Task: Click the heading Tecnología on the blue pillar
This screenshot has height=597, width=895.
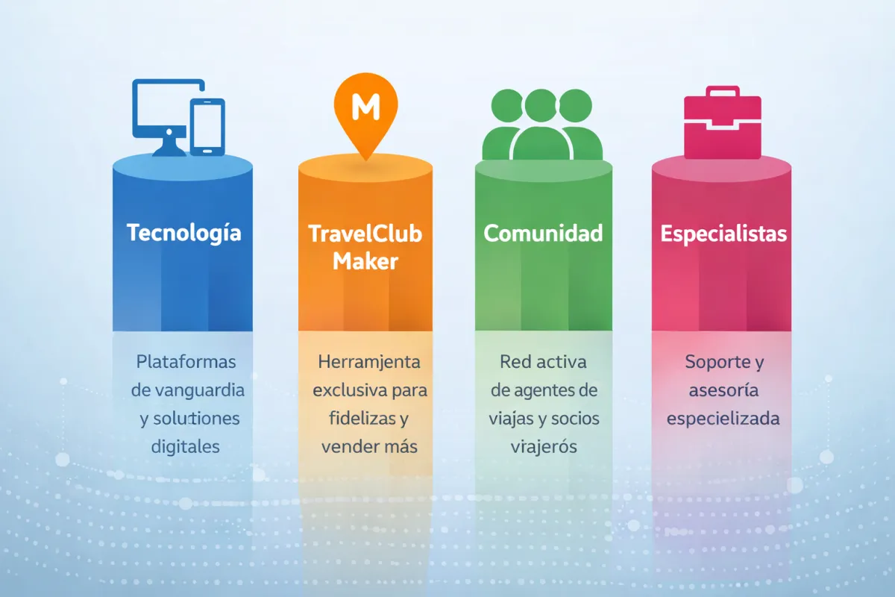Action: click(x=183, y=232)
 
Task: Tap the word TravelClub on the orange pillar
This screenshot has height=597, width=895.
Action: click(x=365, y=234)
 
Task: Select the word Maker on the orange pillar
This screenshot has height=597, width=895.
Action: click(x=365, y=261)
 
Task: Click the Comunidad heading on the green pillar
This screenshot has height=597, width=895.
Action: click(x=543, y=233)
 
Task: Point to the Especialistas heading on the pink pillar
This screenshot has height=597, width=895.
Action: click(x=723, y=234)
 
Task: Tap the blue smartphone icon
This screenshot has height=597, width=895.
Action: click(x=207, y=127)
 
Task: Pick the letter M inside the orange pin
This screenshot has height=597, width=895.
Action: click(x=365, y=108)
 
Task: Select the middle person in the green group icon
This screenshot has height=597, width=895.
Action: click(x=542, y=127)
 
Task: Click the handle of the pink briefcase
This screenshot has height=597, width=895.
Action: click(x=723, y=93)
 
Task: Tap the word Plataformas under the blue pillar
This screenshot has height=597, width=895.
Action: click(x=186, y=362)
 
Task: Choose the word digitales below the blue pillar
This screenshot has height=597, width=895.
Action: click(x=186, y=446)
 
